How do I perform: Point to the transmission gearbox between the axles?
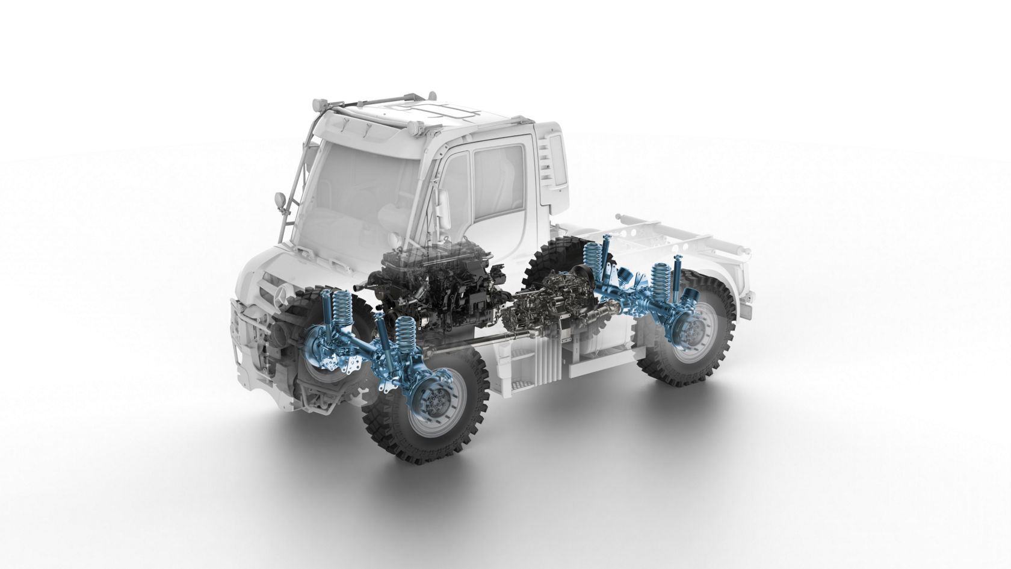point(545,304)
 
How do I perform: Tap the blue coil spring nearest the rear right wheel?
point(663,278)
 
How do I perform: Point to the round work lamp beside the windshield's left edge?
point(280,199)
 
